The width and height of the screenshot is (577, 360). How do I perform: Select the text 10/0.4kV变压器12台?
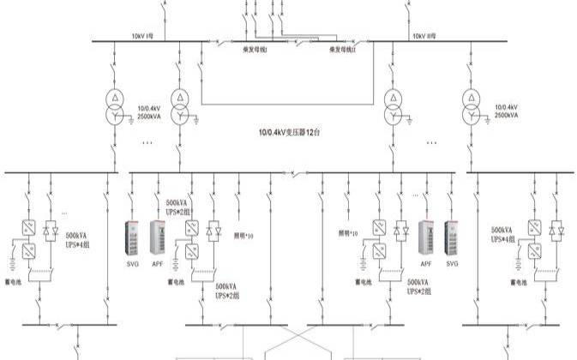(290, 132)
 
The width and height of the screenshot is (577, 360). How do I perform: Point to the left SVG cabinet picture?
(134, 239)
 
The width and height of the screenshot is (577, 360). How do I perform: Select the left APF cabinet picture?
(159, 239)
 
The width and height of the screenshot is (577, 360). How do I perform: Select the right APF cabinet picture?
(425, 239)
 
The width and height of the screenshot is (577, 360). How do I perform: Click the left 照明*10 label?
(244, 234)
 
